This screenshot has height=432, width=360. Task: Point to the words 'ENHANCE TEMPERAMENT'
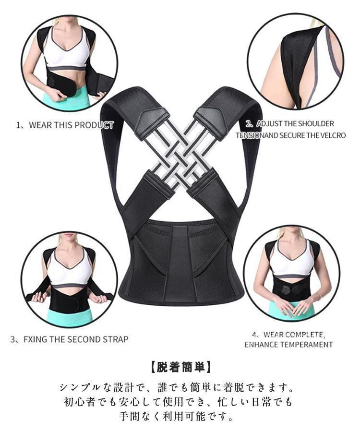coord(288,344)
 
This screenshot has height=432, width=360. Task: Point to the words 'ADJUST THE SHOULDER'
coord(295,124)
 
